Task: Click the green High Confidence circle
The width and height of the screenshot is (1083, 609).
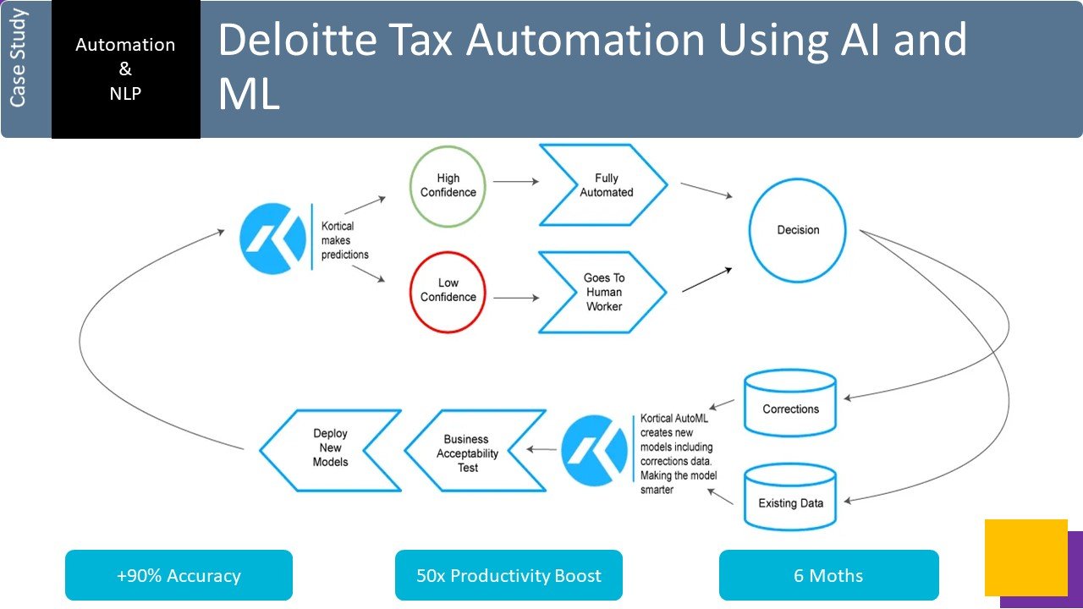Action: click(448, 185)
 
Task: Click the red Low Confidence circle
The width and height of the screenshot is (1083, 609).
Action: click(448, 290)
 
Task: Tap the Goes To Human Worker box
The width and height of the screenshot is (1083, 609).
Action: click(602, 292)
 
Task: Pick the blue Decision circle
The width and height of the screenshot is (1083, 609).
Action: click(798, 230)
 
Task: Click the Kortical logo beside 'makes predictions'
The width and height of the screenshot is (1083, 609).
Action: click(272, 238)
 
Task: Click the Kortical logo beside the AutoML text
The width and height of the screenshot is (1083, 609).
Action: click(594, 450)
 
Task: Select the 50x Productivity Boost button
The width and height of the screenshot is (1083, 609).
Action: click(509, 576)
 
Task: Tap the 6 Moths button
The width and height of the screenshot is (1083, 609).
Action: click(828, 576)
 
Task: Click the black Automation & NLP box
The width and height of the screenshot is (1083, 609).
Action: click(125, 69)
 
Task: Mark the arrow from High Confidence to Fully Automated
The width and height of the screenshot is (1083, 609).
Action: click(516, 181)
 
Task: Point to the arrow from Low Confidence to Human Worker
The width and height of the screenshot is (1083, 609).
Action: click(516, 298)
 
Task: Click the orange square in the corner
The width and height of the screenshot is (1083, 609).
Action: click(1025, 557)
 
